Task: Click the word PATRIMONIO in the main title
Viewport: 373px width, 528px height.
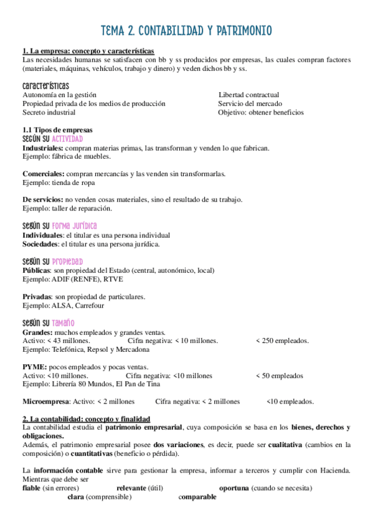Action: point(240,31)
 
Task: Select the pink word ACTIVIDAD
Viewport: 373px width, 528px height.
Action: point(67,139)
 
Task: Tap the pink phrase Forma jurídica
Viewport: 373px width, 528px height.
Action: point(74,226)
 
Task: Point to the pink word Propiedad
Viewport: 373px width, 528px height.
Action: point(67,262)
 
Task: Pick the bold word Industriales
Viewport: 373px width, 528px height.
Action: point(42,148)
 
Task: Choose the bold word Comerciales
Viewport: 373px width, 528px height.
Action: point(42,174)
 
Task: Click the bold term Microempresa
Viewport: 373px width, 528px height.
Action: point(45,402)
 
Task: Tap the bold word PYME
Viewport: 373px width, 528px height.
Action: point(33,367)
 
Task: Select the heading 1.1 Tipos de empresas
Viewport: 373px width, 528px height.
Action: point(57,130)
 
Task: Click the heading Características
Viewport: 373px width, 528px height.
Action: point(45,85)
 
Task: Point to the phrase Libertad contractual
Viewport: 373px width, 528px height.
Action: point(248,95)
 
